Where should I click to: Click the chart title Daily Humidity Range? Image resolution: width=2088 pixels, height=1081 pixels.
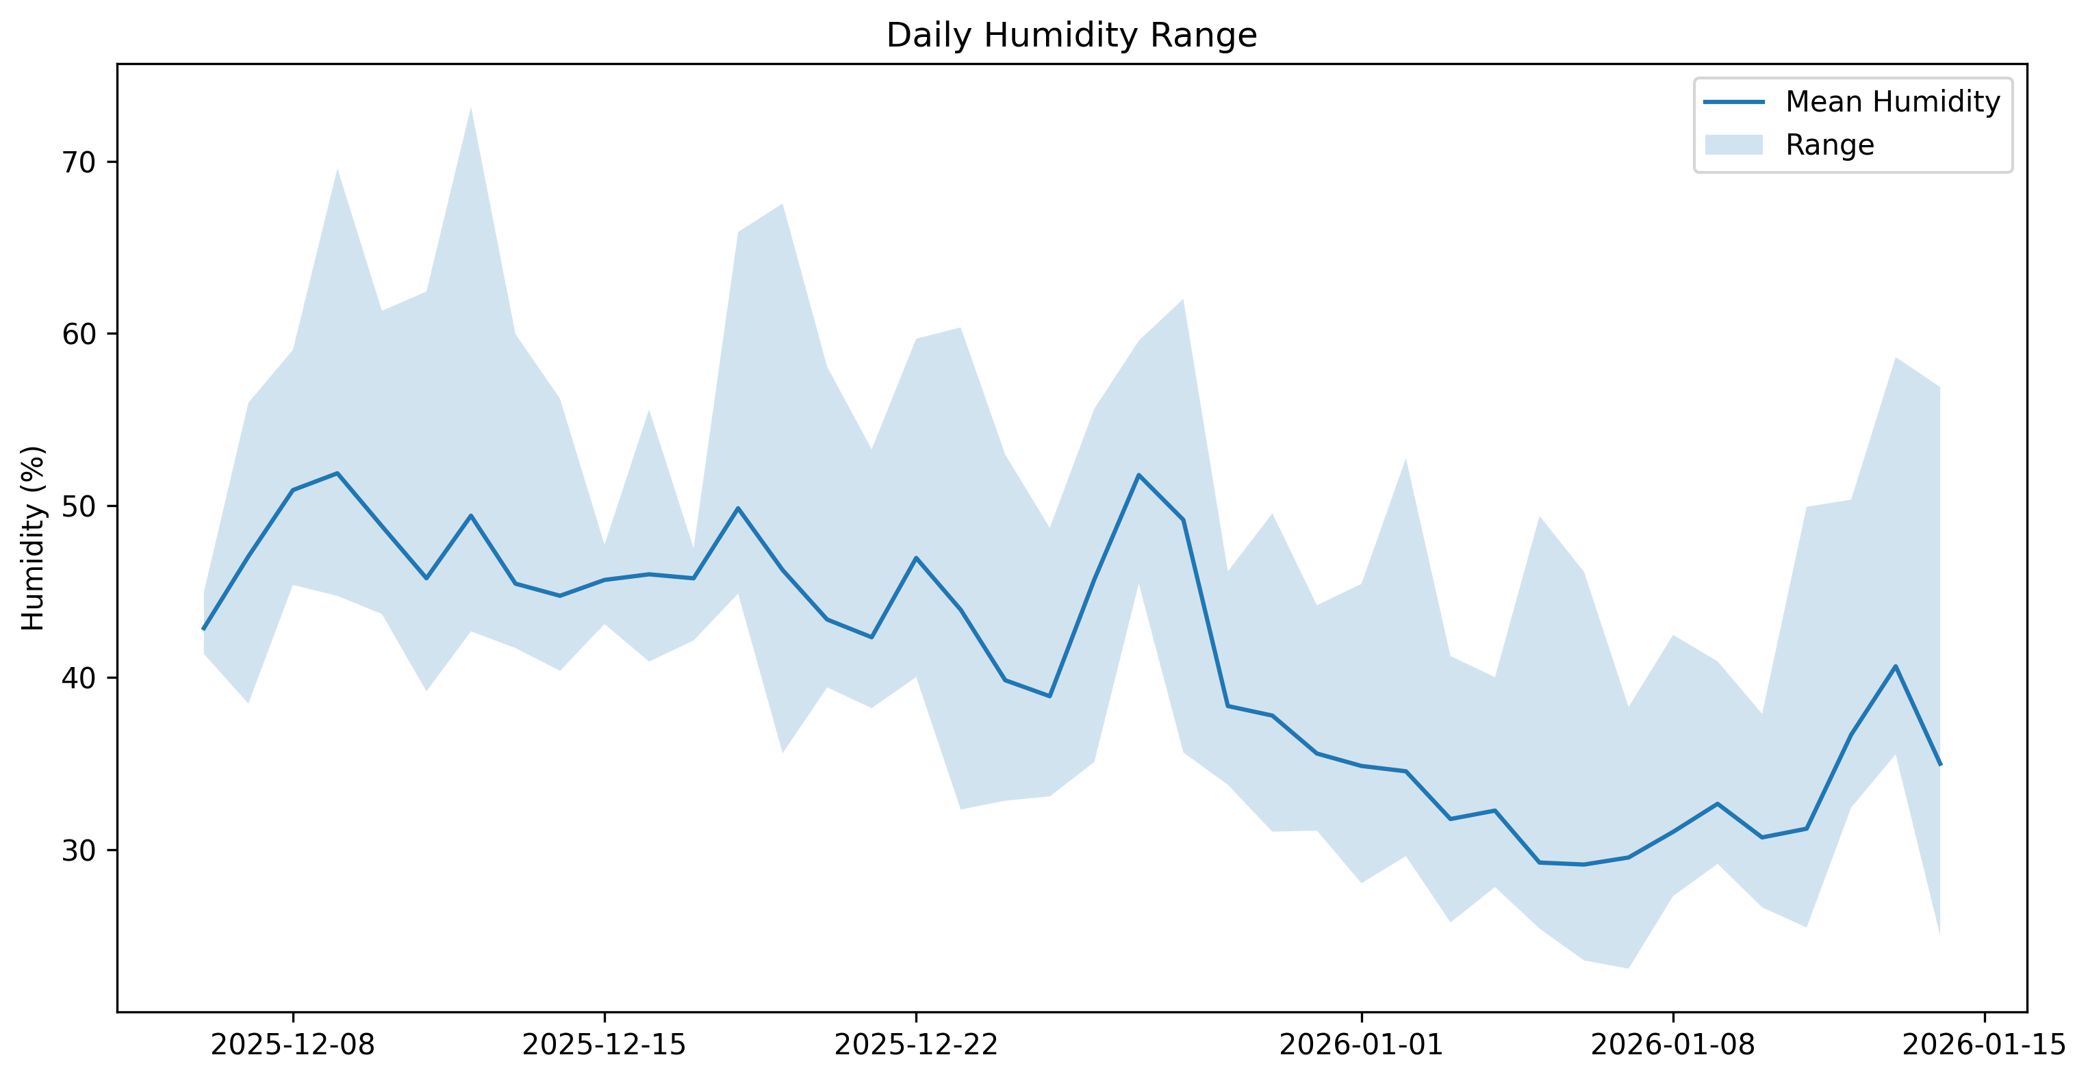pos(1071,36)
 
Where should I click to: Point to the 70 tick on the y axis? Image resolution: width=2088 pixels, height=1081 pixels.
pos(79,163)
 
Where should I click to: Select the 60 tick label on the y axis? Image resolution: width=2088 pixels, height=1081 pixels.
pos(79,335)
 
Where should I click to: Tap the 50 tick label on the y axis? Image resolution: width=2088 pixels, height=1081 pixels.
pos(79,506)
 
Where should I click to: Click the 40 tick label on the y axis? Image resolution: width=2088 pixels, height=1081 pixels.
pos(79,678)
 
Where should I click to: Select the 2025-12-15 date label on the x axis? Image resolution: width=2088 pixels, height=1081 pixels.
pos(604,1045)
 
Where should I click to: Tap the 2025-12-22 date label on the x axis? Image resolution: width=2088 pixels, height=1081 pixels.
pos(916,1045)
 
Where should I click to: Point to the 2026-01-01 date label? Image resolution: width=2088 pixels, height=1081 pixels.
pos(1361,1045)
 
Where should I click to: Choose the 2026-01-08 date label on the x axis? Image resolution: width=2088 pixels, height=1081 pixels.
pos(1672,1045)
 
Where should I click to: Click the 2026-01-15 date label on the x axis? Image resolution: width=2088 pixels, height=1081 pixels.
pos(1983,1045)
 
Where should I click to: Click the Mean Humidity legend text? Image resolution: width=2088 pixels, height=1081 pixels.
pos(1893,102)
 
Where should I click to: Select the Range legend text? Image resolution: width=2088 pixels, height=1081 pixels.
pos(1829,145)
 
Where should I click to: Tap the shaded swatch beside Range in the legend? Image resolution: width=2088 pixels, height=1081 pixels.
pos(1734,145)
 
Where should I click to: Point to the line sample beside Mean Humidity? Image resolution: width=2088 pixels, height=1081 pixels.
pos(1734,102)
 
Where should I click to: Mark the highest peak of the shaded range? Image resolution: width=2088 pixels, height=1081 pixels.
pos(470,109)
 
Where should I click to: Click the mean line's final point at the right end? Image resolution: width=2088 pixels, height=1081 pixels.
pos(1939,764)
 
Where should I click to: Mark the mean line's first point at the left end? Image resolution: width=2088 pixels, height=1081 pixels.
pos(203,629)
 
